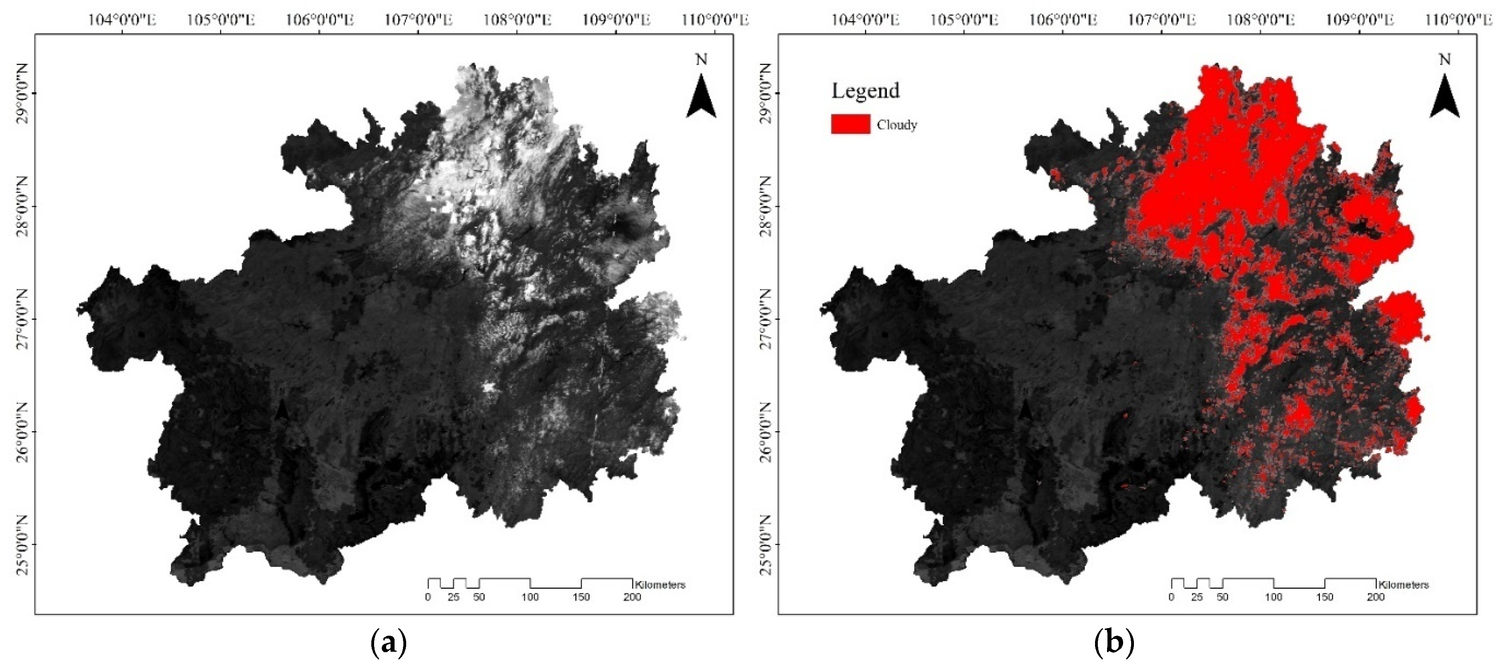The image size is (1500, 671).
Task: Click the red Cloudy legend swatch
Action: pyautogui.click(x=850, y=124)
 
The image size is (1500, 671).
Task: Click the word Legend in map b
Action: pyautogui.click(x=865, y=91)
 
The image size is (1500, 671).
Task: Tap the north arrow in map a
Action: pyautogui.click(x=701, y=96)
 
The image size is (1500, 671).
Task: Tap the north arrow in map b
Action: pyautogui.click(x=1444, y=96)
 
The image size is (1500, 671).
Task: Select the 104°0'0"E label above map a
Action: pyautogui.click(x=122, y=20)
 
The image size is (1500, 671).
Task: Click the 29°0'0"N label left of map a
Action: pyautogui.click(x=22, y=93)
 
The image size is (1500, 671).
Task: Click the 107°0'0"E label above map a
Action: pyautogui.click(x=418, y=20)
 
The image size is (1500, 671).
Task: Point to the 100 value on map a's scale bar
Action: pyautogui.click(x=530, y=597)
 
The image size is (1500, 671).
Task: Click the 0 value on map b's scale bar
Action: pyautogui.click(x=1172, y=597)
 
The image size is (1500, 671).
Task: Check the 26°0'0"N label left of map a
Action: pyautogui.click(x=22, y=432)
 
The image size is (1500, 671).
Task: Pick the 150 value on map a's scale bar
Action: pyautogui.click(x=581, y=597)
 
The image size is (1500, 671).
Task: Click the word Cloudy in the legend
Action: pyautogui.click(x=897, y=125)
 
